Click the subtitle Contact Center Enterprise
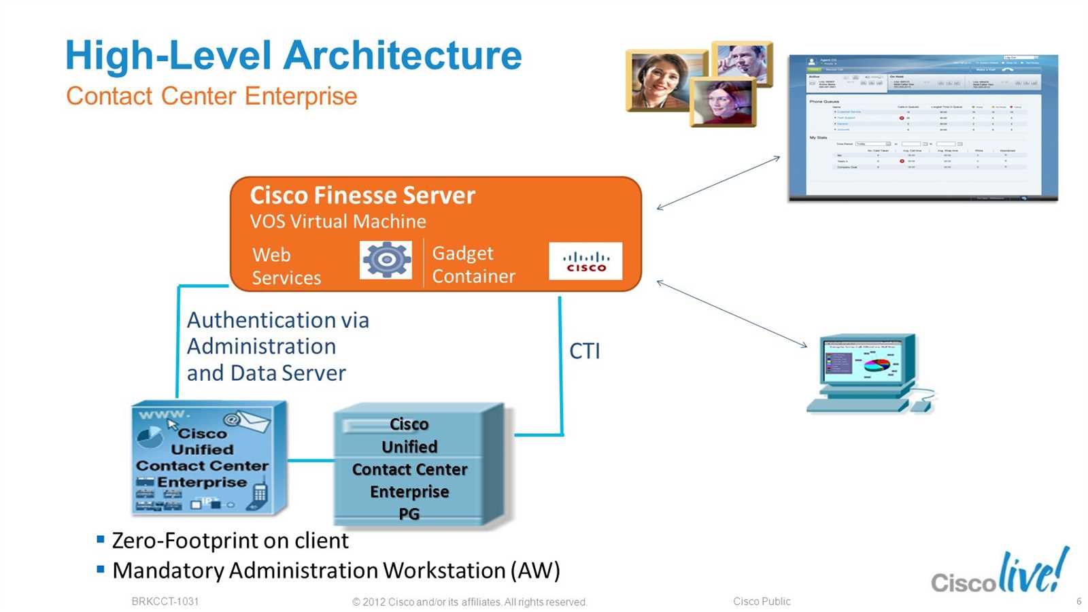pyautogui.click(x=211, y=97)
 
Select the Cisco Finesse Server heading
pyautogui.click(x=362, y=196)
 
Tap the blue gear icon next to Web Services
pyautogui.click(x=386, y=260)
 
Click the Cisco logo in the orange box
pyautogui.click(x=585, y=261)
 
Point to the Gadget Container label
pyautogui.click(x=473, y=265)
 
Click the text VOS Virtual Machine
pyautogui.click(x=338, y=222)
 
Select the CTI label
pyautogui.click(x=584, y=352)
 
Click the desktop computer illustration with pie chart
pyautogui.click(x=869, y=373)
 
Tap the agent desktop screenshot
pyautogui.click(x=923, y=128)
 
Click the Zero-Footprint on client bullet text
pyautogui.click(x=230, y=541)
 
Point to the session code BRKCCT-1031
pyautogui.click(x=165, y=601)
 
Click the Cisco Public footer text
pyautogui.click(x=762, y=601)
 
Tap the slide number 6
pyautogui.click(x=1078, y=601)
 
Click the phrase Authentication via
pyautogui.click(x=277, y=320)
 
